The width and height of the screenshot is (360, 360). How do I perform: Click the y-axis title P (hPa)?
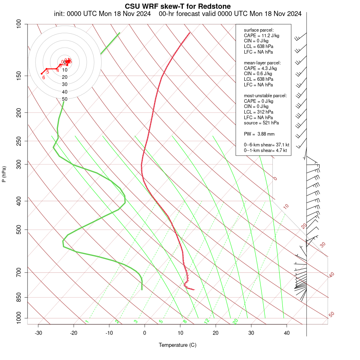[4, 174]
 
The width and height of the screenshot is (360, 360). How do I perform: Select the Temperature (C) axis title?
[178, 345]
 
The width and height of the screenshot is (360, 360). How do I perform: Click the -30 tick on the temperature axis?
[38, 333]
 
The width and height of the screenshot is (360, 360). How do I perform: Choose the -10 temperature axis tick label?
[109, 333]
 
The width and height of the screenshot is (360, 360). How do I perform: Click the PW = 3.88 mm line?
[259, 134]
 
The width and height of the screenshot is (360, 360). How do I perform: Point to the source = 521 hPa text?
[262, 123]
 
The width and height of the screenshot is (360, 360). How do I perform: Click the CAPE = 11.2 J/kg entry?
[262, 36]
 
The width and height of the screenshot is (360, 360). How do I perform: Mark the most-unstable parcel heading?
[265, 96]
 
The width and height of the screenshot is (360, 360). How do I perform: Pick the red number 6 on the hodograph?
[44, 77]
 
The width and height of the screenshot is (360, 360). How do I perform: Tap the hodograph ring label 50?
[64, 99]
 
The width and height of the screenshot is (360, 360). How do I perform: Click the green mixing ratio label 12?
[207, 321]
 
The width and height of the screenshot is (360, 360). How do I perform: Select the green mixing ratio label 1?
[86, 322]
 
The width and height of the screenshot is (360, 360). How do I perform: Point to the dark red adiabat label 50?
[331, 314]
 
